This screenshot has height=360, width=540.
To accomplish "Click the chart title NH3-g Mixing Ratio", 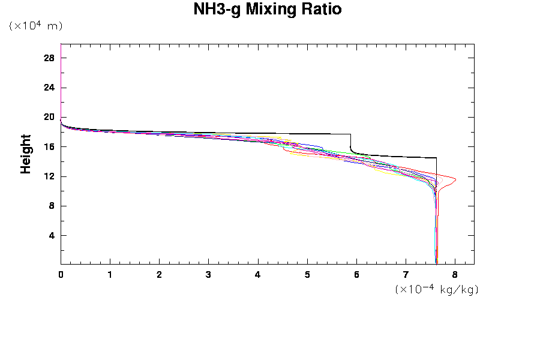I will (267, 10).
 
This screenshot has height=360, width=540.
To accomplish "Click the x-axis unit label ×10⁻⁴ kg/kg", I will (437, 289).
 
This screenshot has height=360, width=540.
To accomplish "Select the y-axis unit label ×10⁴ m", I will (36, 26).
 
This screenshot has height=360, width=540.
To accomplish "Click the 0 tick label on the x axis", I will (61, 275).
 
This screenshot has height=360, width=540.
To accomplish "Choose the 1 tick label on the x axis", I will (110, 275).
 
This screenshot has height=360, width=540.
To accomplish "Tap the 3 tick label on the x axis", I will (208, 275).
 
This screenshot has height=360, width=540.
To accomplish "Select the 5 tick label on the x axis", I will (307, 275).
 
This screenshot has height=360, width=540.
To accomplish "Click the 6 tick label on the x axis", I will (356, 275).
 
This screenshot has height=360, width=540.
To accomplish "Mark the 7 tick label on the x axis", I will (406, 275).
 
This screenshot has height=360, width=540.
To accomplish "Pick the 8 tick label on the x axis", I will (455, 275).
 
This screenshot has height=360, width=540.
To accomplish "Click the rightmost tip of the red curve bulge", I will (456, 179).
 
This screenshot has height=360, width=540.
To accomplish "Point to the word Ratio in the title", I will (320, 10).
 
